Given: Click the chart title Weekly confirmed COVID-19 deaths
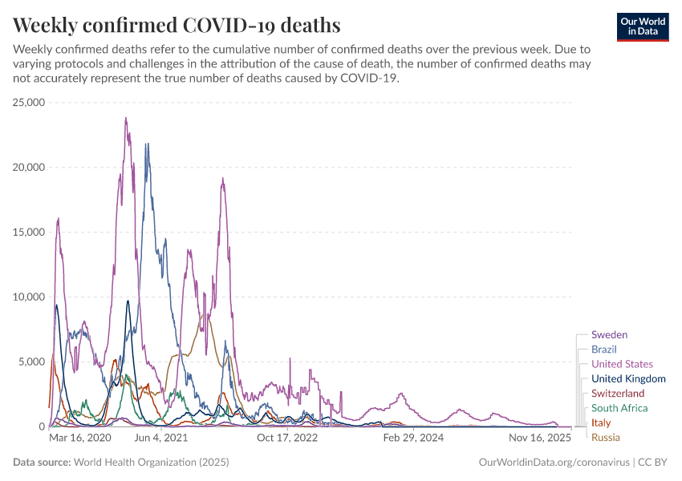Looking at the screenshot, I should [177, 25].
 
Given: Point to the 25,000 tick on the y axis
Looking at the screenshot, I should [28, 103].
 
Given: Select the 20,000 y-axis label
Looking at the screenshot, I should [28, 168].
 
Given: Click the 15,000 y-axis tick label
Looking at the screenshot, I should [28, 232].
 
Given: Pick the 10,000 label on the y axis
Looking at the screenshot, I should [28, 297].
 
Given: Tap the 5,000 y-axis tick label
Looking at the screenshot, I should [31, 362].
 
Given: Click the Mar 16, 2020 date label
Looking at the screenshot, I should [80, 439].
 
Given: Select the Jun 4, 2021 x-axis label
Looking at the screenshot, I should [160, 439].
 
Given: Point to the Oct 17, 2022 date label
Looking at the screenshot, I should [288, 439].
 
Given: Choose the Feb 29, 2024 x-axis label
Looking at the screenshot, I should [413, 439].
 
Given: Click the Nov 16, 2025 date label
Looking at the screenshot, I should [539, 439].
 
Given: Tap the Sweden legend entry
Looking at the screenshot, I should [609, 335].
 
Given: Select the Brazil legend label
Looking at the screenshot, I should [603, 350].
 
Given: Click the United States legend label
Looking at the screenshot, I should [622, 364].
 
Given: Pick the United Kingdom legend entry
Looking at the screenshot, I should [628, 378].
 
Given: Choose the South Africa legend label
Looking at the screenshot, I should [619, 408].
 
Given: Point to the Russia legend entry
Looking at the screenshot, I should [606, 437].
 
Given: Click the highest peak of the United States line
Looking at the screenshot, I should [126, 119].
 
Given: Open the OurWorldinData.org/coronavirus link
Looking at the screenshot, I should [554, 463].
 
